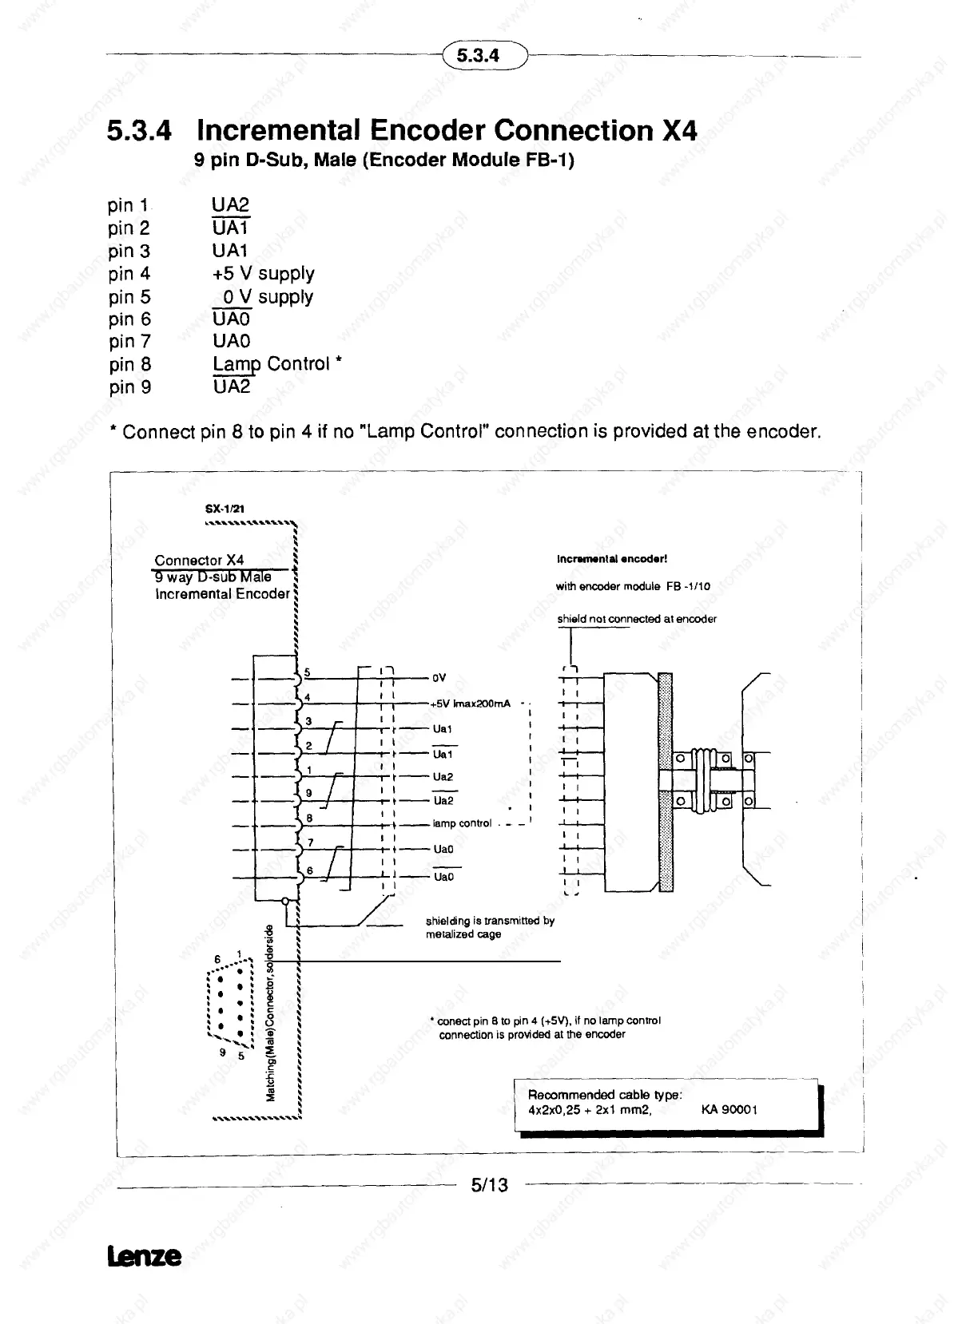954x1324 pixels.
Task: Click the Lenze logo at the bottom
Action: (144, 1256)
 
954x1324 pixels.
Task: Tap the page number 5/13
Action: (489, 1185)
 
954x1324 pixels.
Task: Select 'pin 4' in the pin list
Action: (129, 274)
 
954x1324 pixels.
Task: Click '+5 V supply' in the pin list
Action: (263, 274)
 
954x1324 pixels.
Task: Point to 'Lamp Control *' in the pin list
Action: (276, 364)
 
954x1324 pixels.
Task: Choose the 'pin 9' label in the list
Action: (129, 387)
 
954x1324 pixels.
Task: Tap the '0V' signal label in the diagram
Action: (439, 679)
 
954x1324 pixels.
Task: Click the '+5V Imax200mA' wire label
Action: (470, 704)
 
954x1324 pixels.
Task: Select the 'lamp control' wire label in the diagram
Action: (462, 823)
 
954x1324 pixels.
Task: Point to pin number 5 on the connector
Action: (306, 672)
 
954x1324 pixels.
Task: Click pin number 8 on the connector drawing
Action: (308, 819)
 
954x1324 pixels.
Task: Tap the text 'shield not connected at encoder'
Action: (636, 619)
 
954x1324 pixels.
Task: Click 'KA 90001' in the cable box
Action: (729, 1109)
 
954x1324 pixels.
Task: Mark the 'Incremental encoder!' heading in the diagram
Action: (611, 559)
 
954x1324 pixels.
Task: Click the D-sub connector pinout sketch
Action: (230, 1005)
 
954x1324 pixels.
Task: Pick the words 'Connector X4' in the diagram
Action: (199, 561)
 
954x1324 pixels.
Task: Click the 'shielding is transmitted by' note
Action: (490, 921)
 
